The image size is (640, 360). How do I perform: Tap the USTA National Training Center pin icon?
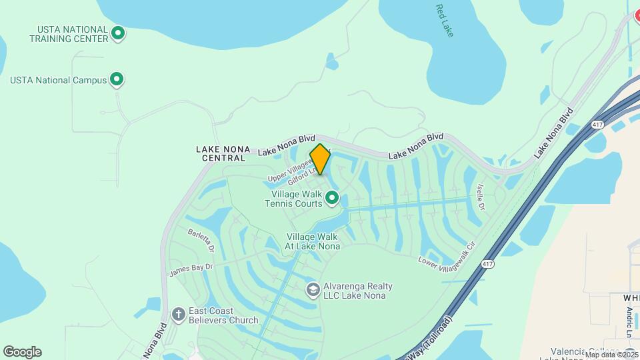pyautogui.click(x=118, y=33)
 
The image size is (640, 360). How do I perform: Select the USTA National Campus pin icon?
pyautogui.click(x=117, y=81)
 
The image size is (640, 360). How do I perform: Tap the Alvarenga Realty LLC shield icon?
pyautogui.click(x=313, y=289)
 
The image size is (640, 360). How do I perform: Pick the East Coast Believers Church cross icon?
pyautogui.click(x=178, y=314)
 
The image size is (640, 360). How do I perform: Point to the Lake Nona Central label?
pyautogui.click(x=221, y=153)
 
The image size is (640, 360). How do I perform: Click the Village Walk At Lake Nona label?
pyautogui.click(x=313, y=241)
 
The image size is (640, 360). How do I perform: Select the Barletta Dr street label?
pyautogui.click(x=201, y=241)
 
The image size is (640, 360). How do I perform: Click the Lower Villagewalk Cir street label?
pyautogui.click(x=446, y=257)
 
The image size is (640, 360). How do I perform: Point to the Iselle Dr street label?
pyautogui.click(x=481, y=197)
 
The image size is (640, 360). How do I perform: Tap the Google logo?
pyautogui.click(x=22, y=352)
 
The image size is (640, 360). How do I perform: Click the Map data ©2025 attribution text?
pyautogui.click(x=611, y=355)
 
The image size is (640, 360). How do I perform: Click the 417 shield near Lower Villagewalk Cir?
pyautogui.click(x=488, y=264)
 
